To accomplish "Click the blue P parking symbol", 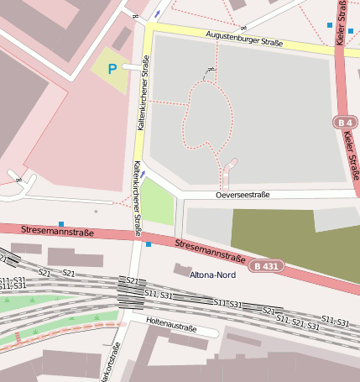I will click(x=112, y=70).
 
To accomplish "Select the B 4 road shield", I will click(x=342, y=123).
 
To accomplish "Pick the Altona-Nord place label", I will click(x=213, y=275).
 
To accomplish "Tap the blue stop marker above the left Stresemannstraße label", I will click(x=61, y=223).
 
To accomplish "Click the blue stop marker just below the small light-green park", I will click(x=149, y=244).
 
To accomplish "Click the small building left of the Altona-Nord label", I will click(x=181, y=269).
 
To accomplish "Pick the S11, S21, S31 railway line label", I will click(x=293, y=320).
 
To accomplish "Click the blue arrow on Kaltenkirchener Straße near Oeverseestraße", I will click(x=143, y=175).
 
